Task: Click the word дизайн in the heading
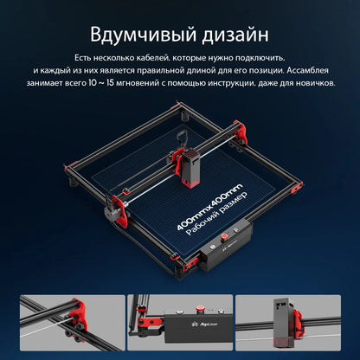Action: click(231, 35)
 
